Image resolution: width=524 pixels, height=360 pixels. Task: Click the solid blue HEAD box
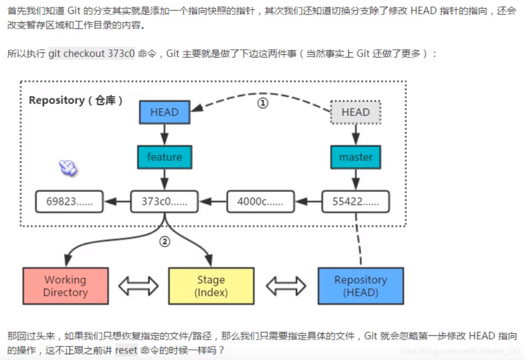pyautogui.click(x=164, y=112)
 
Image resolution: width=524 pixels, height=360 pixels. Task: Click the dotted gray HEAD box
pyautogui.click(x=355, y=112)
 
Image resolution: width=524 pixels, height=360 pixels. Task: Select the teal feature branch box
pyautogui.click(x=164, y=157)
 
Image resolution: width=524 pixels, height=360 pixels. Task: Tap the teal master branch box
pyautogui.click(x=355, y=157)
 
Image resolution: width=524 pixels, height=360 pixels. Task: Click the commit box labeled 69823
pyautogui.click(x=69, y=202)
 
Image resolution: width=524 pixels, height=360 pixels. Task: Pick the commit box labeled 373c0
pyautogui.click(x=164, y=202)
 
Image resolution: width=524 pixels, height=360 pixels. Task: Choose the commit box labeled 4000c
pyautogui.click(x=261, y=202)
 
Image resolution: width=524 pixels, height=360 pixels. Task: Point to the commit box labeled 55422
pyautogui.click(x=355, y=202)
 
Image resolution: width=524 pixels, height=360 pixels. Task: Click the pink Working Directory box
pyautogui.click(x=65, y=286)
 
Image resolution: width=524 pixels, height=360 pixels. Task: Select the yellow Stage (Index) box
pyautogui.click(x=211, y=286)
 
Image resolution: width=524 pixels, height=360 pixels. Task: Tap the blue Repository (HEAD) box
pyautogui.click(x=360, y=286)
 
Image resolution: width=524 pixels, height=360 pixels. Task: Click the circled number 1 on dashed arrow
pyautogui.click(x=262, y=103)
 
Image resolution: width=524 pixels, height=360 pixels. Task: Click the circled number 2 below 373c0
pyautogui.click(x=165, y=241)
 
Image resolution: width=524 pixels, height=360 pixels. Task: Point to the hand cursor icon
pyautogui.click(x=68, y=168)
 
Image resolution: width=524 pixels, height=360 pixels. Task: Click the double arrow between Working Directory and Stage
pyautogui.click(x=139, y=286)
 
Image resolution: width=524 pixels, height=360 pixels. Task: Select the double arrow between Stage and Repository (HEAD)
pyautogui.click(x=286, y=286)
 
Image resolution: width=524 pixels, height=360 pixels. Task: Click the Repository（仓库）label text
pyautogui.click(x=76, y=101)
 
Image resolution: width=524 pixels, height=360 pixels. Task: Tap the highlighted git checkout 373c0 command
pyautogui.click(x=91, y=54)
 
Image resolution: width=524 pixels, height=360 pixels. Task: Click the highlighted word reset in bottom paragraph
pyautogui.click(x=126, y=350)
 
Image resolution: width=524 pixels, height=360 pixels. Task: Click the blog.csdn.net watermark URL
pyautogui.click(x=460, y=351)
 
